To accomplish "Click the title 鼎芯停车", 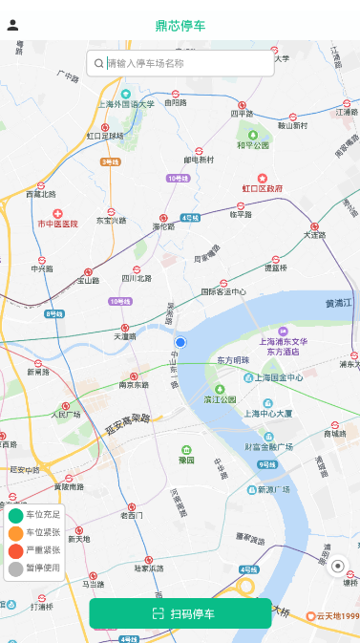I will pos(180,26).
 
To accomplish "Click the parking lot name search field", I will pos(181,63).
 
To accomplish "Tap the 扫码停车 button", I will pos(180,613).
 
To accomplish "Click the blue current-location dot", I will pos(180,342).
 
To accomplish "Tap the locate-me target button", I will pos(337,567).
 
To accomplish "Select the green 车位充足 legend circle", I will pos(15,515).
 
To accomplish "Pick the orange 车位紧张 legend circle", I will pos(15,533).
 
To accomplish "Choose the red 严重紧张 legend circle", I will pos(15,551).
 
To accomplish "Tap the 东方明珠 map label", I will pos(232,360).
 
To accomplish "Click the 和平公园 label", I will pos(253,145).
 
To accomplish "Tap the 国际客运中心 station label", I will pos(223,291).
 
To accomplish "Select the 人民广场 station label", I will pos(65,415).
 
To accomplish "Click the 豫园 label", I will pos(186,461).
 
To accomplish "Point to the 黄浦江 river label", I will pos(339,303).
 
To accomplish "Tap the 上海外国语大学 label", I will pos(125,103).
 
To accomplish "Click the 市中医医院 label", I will pos(58,223).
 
